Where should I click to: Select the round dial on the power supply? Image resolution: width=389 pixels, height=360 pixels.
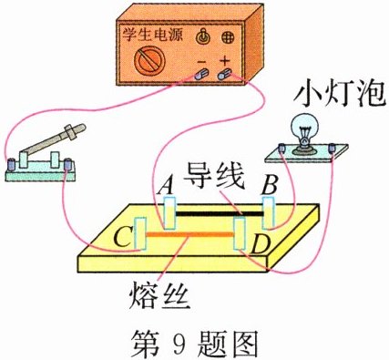[148, 64]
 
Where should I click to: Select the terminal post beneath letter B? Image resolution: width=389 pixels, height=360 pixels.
[269, 212]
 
